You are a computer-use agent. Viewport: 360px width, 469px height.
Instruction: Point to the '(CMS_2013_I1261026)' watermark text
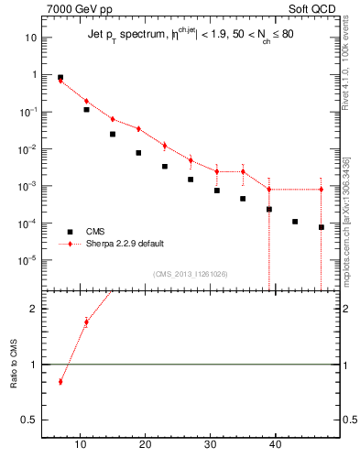pyautogui.click(x=191, y=274)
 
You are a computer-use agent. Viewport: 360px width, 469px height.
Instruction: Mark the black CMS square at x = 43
pyautogui.click(x=295, y=222)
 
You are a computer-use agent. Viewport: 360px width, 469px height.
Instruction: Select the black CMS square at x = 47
pyautogui.click(x=322, y=227)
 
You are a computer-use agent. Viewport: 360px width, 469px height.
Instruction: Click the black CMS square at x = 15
pyautogui.click(x=113, y=134)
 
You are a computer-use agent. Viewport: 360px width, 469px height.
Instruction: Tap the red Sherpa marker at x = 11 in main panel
pyautogui.click(x=86, y=101)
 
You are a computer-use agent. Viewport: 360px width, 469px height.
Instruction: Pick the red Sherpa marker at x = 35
pyautogui.click(x=243, y=171)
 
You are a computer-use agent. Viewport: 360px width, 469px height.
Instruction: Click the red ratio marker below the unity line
pyautogui.click(x=60, y=381)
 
